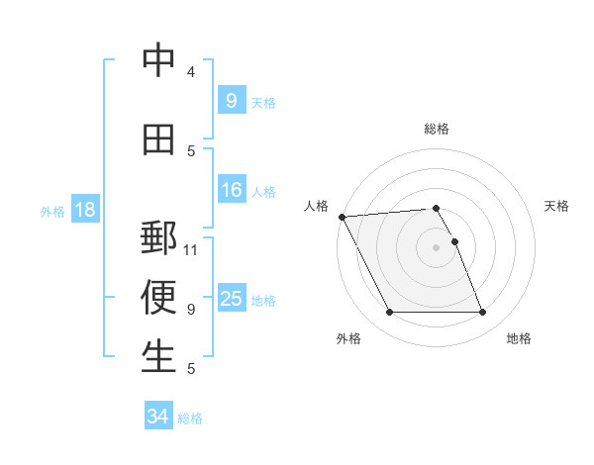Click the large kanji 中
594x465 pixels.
coord(159,61)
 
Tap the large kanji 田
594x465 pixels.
coord(159,140)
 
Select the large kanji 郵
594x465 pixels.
coord(159,239)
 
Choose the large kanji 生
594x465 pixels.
coord(159,357)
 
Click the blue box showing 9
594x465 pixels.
coord(231,100)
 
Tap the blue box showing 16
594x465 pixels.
coord(231,190)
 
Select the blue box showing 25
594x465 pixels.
coord(231,298)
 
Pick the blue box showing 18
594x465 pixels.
coord(84,210)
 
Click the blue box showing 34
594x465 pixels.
coord(157,417)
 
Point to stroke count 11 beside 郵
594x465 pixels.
coord(191,249)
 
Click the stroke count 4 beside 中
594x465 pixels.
coord(191,71)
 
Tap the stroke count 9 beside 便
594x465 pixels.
coord(191,309)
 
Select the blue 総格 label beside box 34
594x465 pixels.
coord(190,418)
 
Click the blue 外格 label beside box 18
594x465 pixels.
coord(52,211)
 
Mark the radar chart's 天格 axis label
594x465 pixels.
coord(557,206)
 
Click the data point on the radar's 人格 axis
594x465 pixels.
coord(342,217)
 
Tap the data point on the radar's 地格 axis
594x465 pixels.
coord(483,313)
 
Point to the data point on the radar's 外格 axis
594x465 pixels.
coord(389,313)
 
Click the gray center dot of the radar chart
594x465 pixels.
coord(436,247)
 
